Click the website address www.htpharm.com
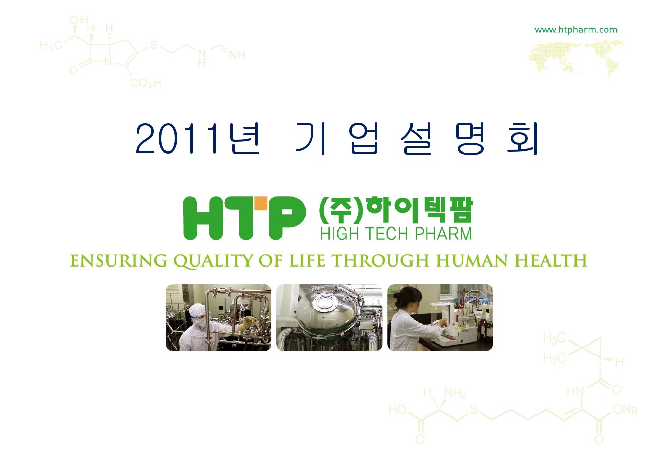coord(576,30)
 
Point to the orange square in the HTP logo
coord(261,203)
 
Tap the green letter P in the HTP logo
coord(286,218)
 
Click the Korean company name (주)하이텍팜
coord(396,210)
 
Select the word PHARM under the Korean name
coord(443,234)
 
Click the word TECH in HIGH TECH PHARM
coord(387,234)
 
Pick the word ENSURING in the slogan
coord(118,260)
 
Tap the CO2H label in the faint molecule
coord(146,83)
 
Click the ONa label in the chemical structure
coord(625,409)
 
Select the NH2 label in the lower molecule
coord(455,393)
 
